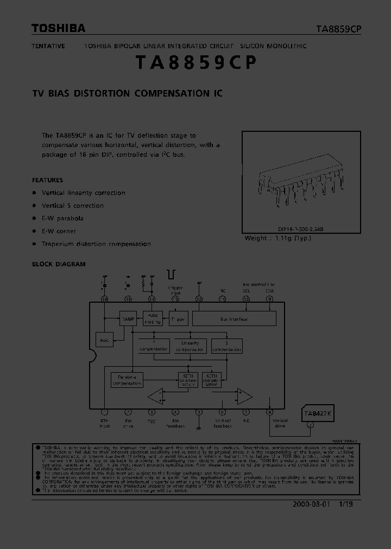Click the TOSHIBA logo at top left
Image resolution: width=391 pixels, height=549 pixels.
tap(58, 29)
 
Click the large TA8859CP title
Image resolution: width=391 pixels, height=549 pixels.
tap(195, 63)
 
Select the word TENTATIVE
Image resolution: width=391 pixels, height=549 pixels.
tap(48, 46)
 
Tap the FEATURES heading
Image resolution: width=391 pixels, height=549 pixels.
tap(47, 180)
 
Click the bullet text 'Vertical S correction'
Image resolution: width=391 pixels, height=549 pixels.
tap(72, 206)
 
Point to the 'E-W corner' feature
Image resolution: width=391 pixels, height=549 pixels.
tap(59, 231)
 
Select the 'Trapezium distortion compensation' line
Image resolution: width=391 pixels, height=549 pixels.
tap(96, 244)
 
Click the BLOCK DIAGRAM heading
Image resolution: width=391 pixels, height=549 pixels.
tap(59, 264)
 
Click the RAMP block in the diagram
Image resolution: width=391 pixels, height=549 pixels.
tap(128, 318)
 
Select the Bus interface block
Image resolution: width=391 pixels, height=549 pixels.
tap(234, 319)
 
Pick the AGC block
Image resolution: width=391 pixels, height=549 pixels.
tap(104, 340)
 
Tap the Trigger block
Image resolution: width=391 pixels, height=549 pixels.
tap(178, 319)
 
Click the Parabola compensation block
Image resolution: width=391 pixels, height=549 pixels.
tap(127, 380)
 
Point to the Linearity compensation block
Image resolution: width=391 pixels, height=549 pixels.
tap(190, 346)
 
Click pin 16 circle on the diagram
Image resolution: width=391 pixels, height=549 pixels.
tap(105, 299)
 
